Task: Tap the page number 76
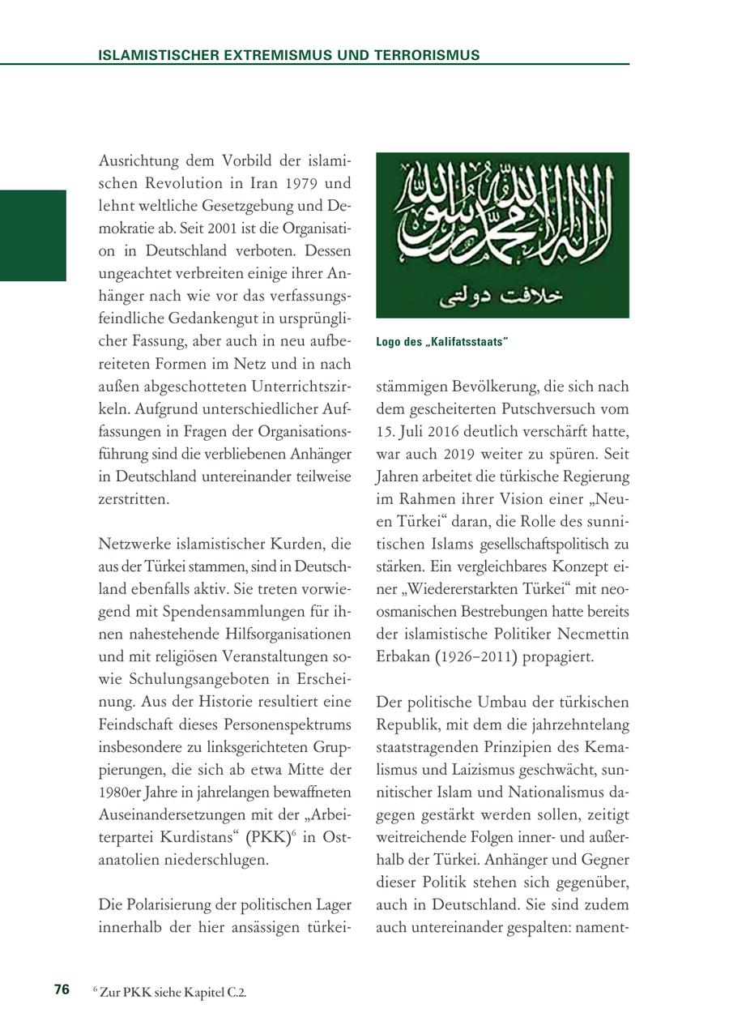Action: [x=62, y=989]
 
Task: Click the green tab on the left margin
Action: [x=32, y=235]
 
